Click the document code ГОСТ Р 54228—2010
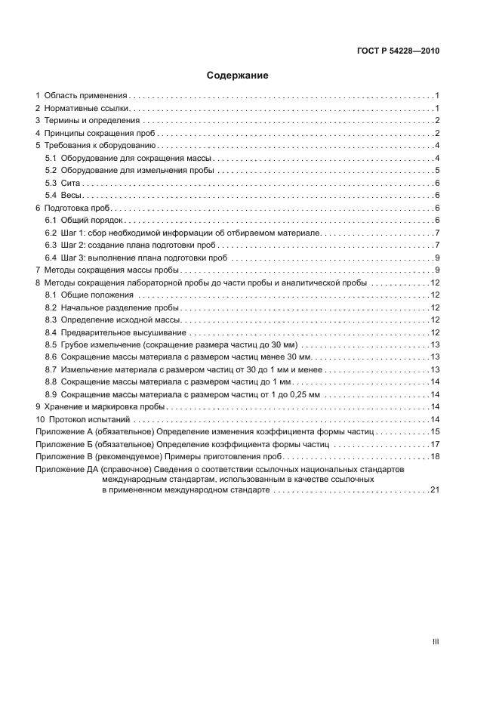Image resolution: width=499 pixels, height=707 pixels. coord(398,51)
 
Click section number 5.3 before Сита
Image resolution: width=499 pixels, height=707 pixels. coord(51,184)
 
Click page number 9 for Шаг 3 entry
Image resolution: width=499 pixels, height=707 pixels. coord(437,258)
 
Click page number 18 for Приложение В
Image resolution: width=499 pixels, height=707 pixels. coord(435,456)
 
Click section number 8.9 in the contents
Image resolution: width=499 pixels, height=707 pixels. coord(51,394)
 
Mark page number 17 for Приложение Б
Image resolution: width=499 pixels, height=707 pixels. coord(435,444)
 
